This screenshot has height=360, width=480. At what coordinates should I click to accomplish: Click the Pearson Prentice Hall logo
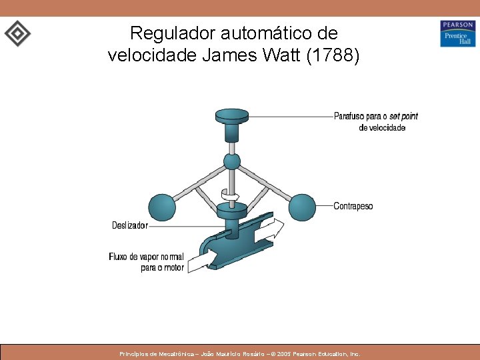pos(457,33)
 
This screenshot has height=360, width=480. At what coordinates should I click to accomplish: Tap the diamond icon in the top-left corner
pos(17,33)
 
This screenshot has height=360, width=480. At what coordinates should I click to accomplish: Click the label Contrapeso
pos(353,206)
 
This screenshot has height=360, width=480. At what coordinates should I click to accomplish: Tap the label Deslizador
pos(130,225)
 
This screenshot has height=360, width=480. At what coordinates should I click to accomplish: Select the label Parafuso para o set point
pos(376,116)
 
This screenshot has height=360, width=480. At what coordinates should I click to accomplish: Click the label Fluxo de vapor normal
pos(146,257)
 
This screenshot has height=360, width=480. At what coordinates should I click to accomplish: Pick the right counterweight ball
pos(302,207)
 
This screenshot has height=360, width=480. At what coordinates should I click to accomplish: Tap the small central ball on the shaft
pos(232,161)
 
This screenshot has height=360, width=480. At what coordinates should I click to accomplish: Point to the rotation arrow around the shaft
pos(231,195)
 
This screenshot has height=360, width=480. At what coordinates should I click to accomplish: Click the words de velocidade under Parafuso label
pos(381,127)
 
